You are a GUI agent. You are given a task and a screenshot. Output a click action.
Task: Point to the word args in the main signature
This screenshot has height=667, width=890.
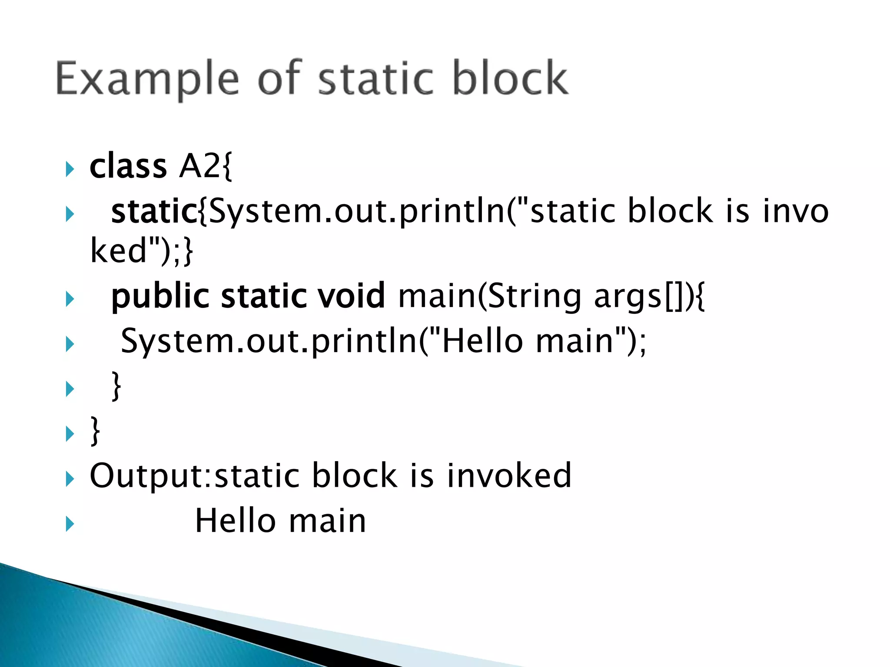click(627, 297)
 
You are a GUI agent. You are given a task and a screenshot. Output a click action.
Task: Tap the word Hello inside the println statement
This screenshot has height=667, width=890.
click(482, 341)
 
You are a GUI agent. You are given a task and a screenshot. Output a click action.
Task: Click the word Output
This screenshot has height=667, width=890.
click(149, 476)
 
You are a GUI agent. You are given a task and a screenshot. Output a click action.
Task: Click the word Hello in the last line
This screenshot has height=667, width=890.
click(236, 521)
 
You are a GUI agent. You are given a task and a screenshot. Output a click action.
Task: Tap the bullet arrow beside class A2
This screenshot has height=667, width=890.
click(70, 169)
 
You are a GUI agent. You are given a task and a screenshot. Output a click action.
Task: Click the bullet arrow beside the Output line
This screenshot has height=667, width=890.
click(70, 479)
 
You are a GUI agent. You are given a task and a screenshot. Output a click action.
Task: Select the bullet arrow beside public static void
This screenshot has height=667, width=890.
click(70, 299)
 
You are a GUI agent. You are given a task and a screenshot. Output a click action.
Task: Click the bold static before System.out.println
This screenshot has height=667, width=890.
click(154, 211)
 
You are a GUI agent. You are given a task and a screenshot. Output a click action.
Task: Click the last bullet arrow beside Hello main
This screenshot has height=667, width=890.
click(70, 524)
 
